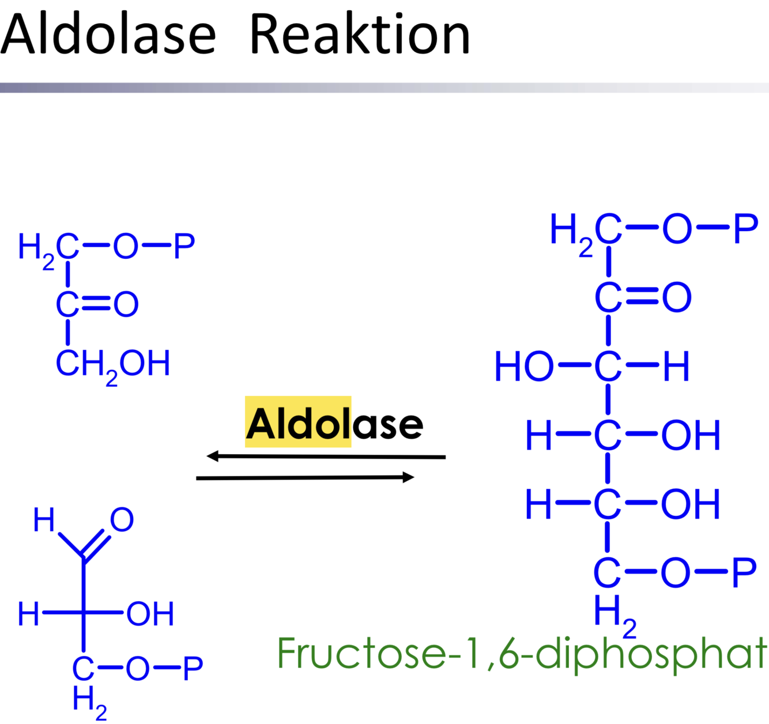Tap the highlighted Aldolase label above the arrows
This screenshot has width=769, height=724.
pyautogui.click(x=334, y=424)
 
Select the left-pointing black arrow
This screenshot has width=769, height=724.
pyautogui.click(x=326, y=457)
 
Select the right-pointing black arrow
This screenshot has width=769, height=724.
pyautogui.click(x=305, y=478)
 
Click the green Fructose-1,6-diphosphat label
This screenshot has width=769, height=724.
pyautogui.click(x=522, y=654)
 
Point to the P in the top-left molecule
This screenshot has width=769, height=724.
pyautogui.click(x=184, y=247)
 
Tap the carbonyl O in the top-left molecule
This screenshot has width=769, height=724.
pyautogui.click(x=126, y=304)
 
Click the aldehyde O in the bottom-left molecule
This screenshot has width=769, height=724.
pyautogui.click(x=122, y=519)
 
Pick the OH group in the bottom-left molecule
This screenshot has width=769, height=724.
pyautogui.click(x=150, y=613)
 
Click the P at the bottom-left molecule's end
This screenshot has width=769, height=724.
pyautogui.click(x=193, y=669)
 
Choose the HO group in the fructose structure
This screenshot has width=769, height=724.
pyautogui.click(x=523, y=367)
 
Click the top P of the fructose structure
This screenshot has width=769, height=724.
pyautogui.click(x=746, y=229)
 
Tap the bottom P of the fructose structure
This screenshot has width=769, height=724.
pyautogui.click(x=744, y=572)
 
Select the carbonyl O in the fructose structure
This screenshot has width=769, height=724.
pyautogui.click(x=677, y=297)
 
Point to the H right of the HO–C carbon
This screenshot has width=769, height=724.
pyautogui.click(x=676, y=367)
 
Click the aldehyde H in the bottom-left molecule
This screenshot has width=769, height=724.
pyautogui.click(x=44, y=519)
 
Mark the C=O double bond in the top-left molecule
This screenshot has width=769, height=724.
pyautogui.click(x=96, y=304)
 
